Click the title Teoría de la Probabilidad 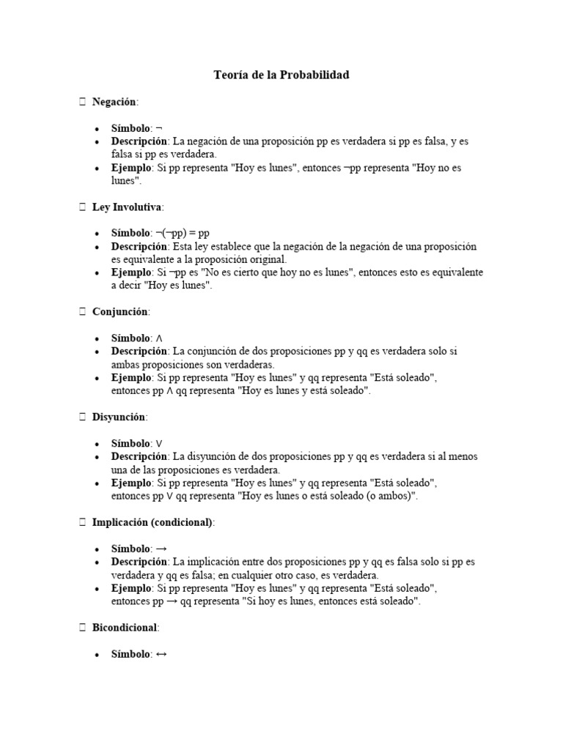pyautogui.click(x=281, y=75)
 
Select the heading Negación pyautogui.click(x=114, y=102)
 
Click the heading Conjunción pyautogui.click(x=121, y=312)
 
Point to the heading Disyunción pyautogui.click(x=119, y=417)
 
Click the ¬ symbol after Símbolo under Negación pyautogui.click(x=159, y=128)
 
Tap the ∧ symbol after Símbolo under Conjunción pyautogui.click(x=159, y=338)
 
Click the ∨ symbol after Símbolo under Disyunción pyautogui.click(x=159, y=444)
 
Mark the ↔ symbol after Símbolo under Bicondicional pyautogui.click(x=161, y=654)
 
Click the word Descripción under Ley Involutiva pyautogui.click(x=140, y=247)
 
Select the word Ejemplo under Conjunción pyautogui.click(x=131, y=378)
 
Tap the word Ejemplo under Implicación pyautogui.click(x=131, y=588)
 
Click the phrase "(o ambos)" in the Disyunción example pyautogui.click(x=390, y=497)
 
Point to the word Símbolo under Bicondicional pyautogui.click(x=130, y=654)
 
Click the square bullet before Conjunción pyautogui.click(x=83, y=312)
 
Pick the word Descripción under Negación pyautogui.click(x=140, y=141)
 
